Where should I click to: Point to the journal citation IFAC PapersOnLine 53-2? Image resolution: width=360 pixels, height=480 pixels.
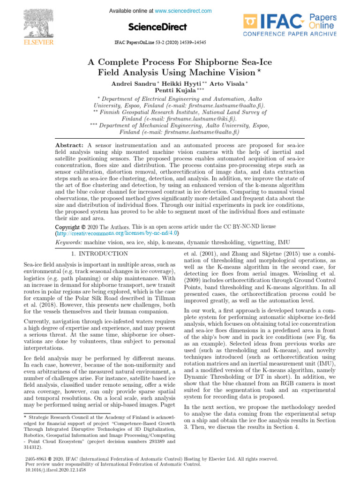[x=160, y=42]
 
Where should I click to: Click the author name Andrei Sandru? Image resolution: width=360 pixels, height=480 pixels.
[x=129, y=83]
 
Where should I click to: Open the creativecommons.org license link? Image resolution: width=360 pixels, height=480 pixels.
[x=118, y=233]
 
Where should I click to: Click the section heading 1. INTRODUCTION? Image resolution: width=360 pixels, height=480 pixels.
[x=102, y=254]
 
